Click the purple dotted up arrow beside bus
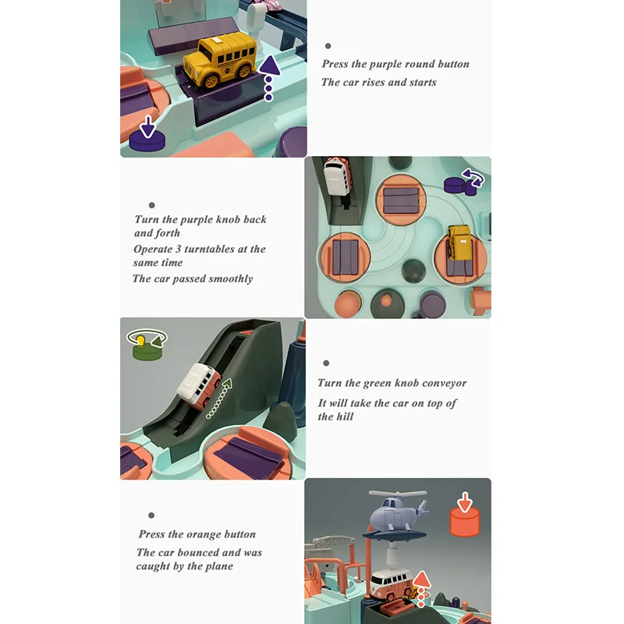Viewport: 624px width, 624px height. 269,77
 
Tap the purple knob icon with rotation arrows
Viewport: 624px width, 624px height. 463,183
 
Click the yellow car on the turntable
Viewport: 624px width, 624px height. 459,244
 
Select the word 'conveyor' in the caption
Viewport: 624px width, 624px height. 444,383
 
